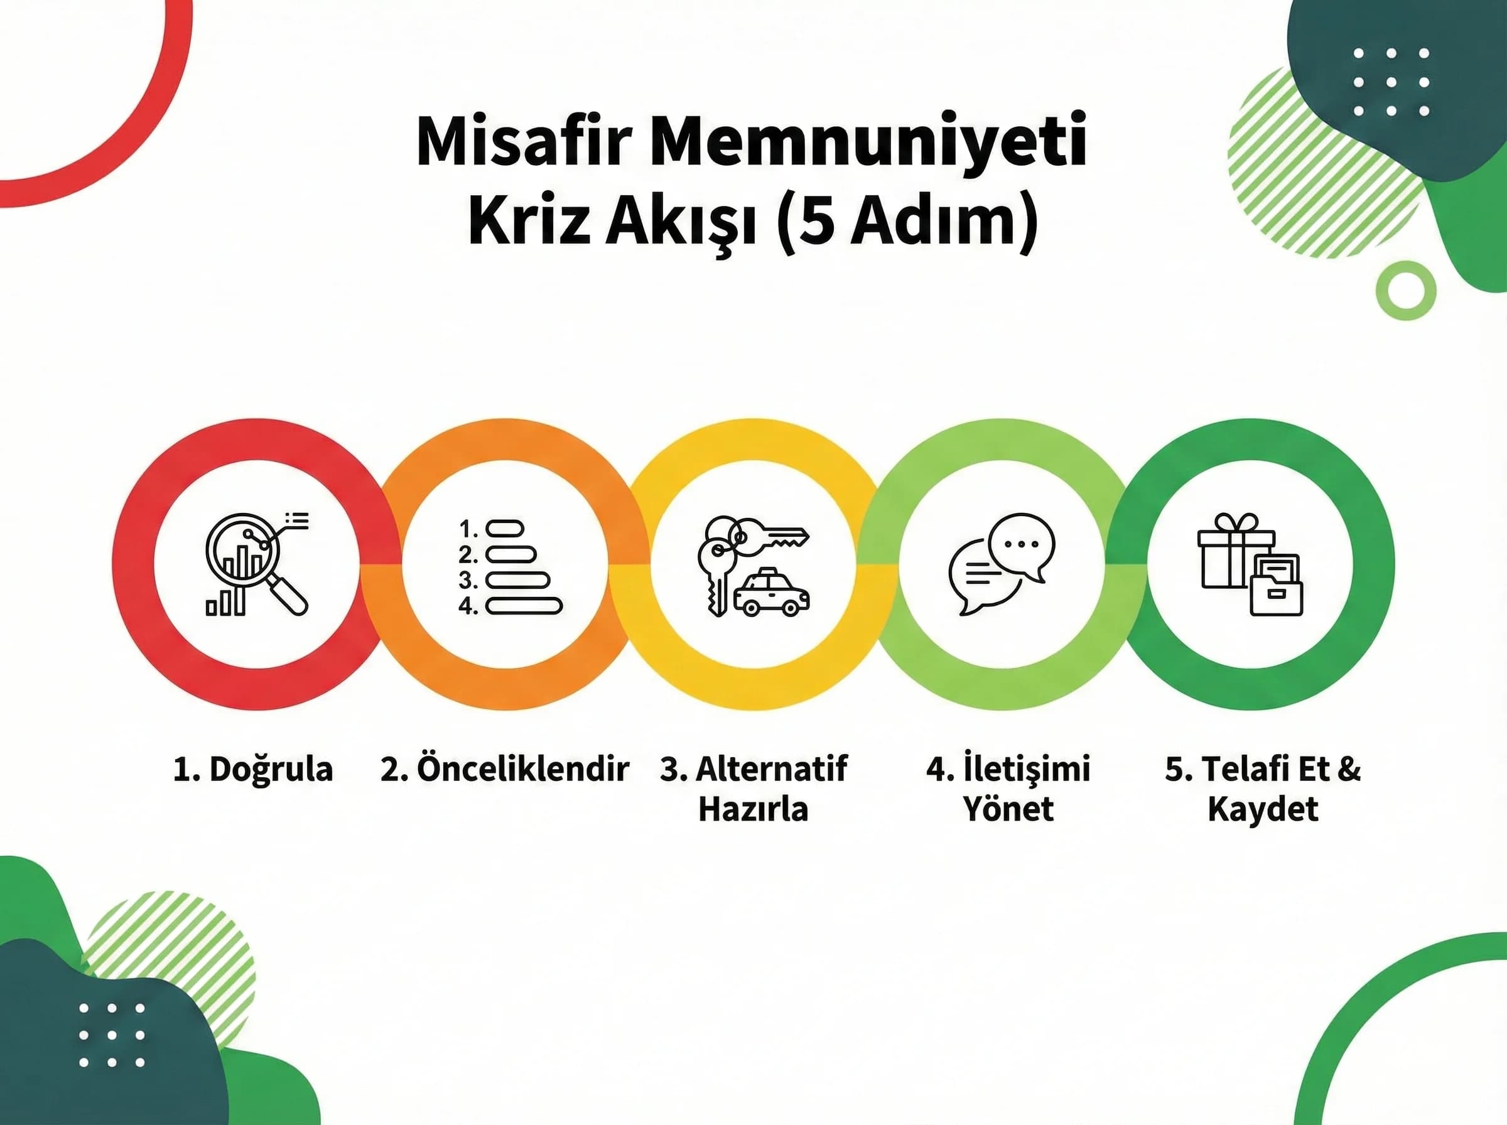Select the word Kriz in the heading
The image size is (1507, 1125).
[x=527, y=223]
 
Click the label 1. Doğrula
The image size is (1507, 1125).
[x=252, y=770]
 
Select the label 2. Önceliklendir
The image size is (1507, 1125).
[x=505, y=770]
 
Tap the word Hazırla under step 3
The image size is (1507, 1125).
[x=753, y=810]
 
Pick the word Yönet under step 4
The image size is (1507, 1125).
[x=1008, y=810]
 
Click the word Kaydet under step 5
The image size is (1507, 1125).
[x=1263, y=810]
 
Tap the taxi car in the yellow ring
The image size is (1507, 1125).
[x=772, y=593]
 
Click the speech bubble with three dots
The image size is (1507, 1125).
[x=1022, y=546]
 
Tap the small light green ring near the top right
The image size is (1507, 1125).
[x=1406, y=291]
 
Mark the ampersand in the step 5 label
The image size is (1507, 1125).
[x=1348, y=770]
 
